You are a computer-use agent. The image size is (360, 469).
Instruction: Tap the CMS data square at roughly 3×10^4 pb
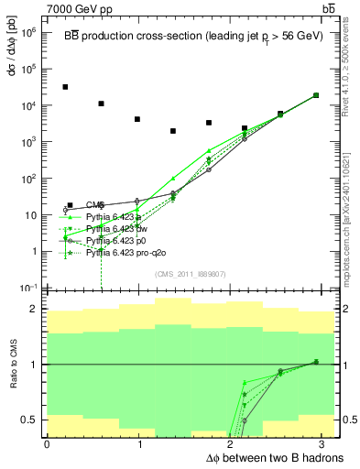(65, 87)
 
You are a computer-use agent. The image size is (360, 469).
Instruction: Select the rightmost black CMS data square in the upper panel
(316, 95)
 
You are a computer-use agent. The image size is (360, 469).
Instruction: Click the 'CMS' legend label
(94, 204)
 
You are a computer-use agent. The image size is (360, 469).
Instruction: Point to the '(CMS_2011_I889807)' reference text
(180, 273)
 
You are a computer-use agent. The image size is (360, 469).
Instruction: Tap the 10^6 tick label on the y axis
(29, 32)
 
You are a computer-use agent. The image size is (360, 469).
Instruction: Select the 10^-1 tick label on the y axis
(29, 288)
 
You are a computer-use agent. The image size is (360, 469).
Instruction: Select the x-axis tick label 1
(139, 442)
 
